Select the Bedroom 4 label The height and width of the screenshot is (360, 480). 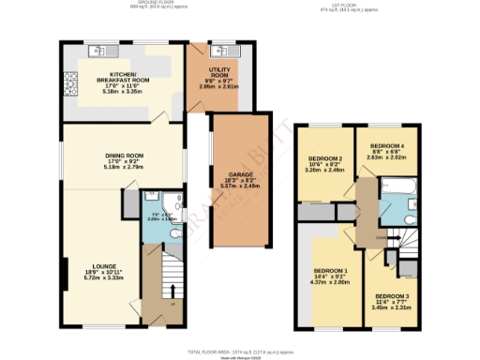[386, 147]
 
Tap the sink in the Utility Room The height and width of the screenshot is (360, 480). [223, 51]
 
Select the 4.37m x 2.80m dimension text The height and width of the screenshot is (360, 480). [332, 284]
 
